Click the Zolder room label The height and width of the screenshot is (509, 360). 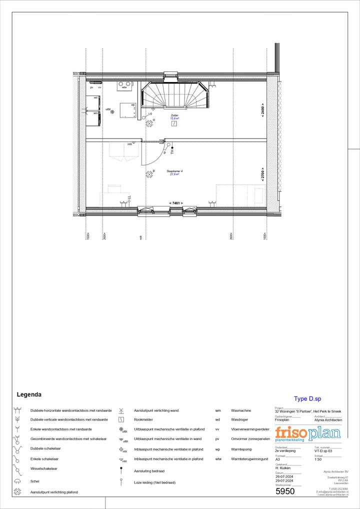click(174, 115)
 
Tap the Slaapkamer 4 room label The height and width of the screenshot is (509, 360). click(174, 171)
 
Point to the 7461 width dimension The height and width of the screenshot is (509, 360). click(175, 203)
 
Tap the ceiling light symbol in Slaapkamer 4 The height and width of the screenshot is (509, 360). click(149, 174)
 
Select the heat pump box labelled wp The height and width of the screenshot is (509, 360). click(128, 110)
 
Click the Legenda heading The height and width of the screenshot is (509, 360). click(29, 394)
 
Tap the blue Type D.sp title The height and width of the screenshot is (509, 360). click(307, 399)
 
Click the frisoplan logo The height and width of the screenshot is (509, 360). click(307, 433)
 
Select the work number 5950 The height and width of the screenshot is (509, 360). click(285, 491)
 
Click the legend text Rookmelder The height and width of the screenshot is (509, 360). click(143, 420)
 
